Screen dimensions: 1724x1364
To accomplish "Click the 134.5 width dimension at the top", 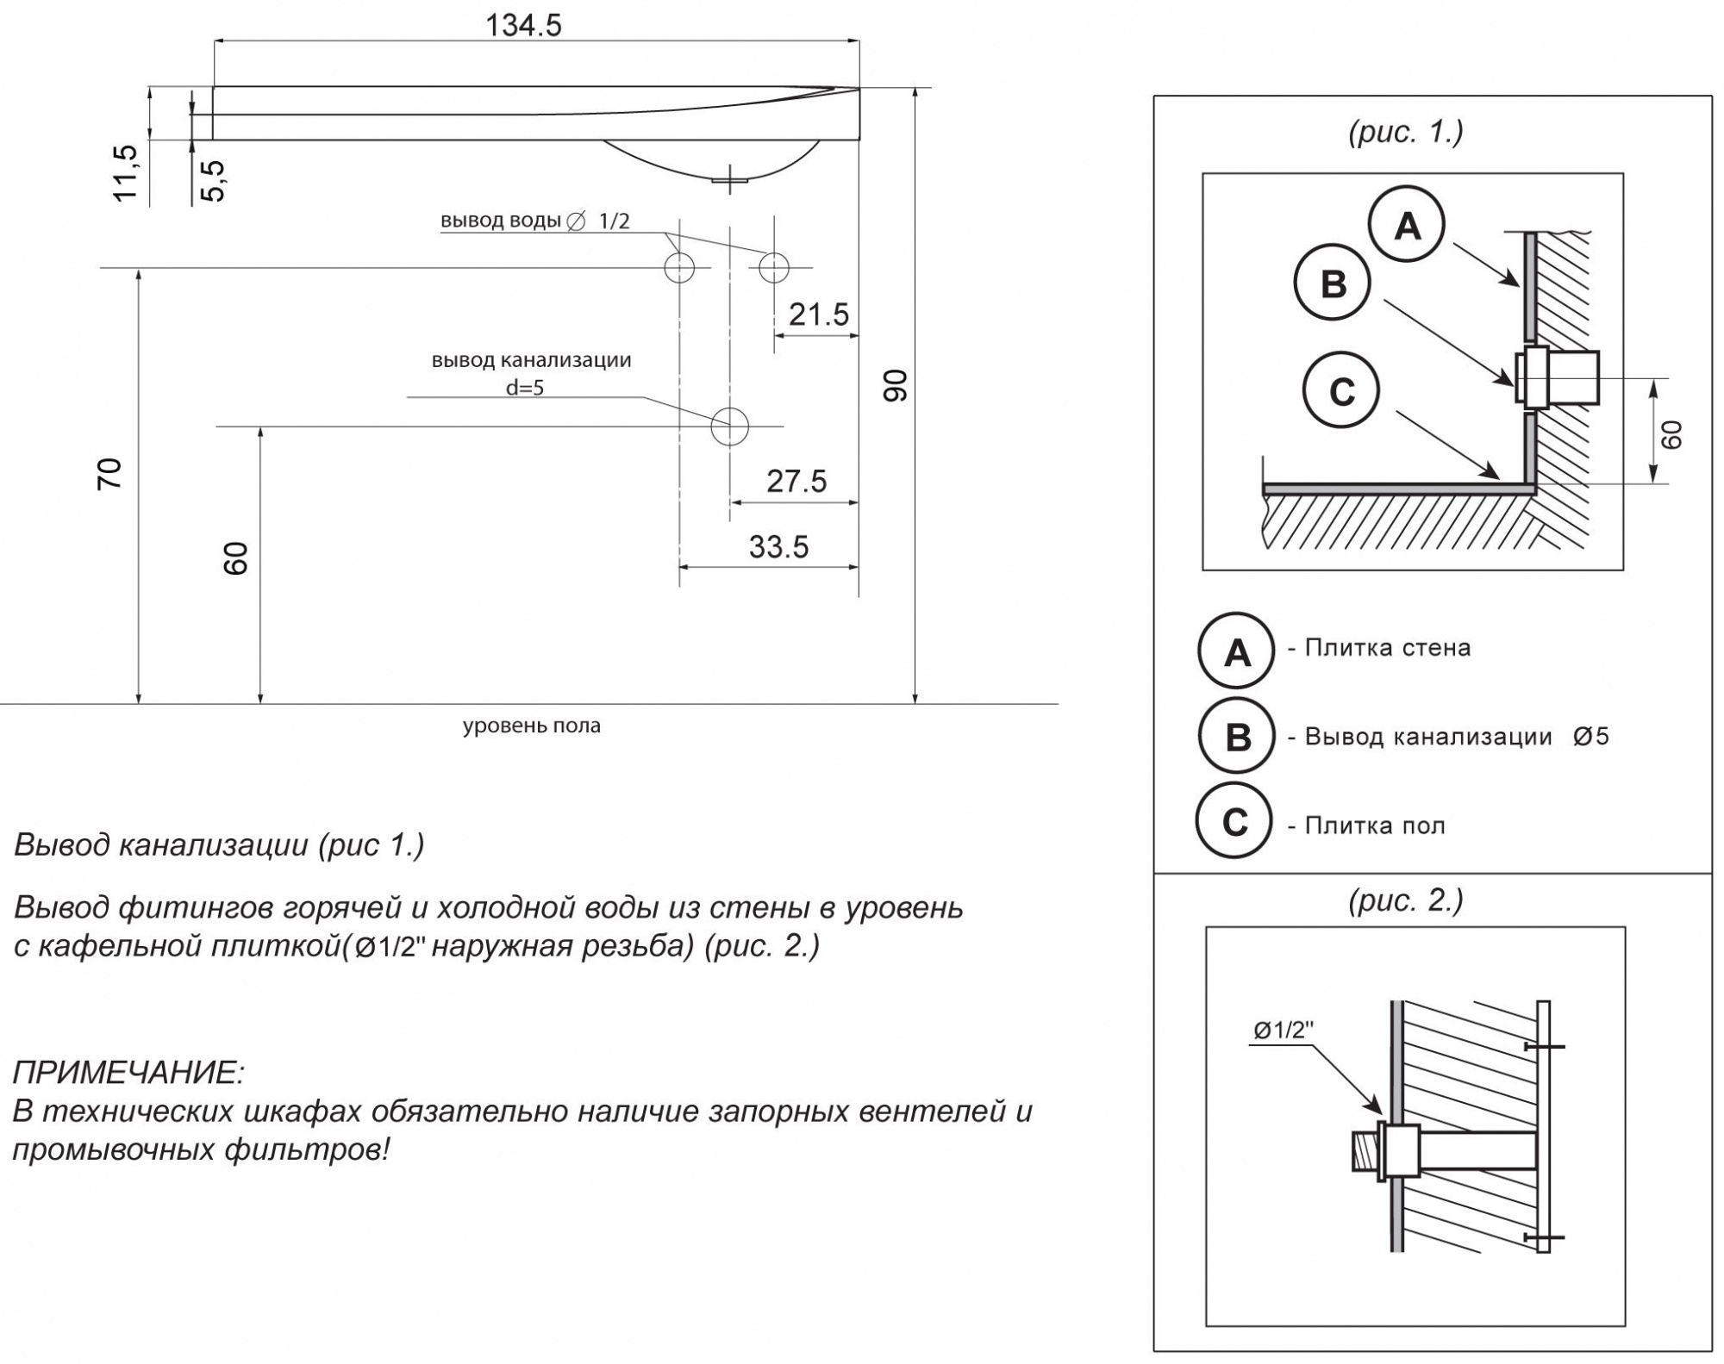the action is click(x=523, y=25).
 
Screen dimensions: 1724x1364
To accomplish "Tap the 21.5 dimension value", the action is click(x=819, y=315).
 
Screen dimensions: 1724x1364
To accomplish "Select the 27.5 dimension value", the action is click(x=796, y=481).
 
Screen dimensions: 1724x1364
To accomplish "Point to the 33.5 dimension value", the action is click(x=778, y=547).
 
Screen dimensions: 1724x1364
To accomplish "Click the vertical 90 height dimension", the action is click(x=896, y=385).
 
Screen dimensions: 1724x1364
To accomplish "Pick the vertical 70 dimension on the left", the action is click(x=109, y=475).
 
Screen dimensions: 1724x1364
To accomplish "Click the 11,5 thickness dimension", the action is click(x=126, y=173).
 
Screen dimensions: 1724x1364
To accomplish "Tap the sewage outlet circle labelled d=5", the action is click(x=729, y=426).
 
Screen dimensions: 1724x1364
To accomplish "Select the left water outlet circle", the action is click(x=679, y=267).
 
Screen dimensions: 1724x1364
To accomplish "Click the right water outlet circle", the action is click(x=774, y=267).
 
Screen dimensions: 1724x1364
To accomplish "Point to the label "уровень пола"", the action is click(x=532, y=726).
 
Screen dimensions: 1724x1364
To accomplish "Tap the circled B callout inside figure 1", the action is click(x=1333, y=283).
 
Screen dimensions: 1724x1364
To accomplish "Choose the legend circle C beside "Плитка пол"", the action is click(x=1234, y=823).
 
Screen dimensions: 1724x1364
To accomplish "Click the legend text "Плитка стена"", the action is click(x=1388, y=648).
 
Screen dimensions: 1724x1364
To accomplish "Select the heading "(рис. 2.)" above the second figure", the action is click(x=1406, y=900).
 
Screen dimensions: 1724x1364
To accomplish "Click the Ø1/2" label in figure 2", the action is click(x=1284, y=1030).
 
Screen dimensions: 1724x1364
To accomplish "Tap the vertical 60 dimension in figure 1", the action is click(x=1671, y=434).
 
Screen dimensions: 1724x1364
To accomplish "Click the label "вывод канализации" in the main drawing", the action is click(x=532, y=360).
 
